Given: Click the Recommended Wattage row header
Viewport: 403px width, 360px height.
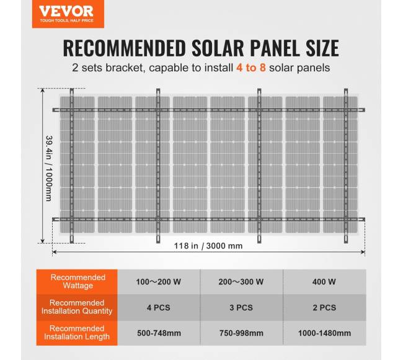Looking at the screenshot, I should point(78,281).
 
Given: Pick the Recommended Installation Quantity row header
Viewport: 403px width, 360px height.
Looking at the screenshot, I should point(78,307).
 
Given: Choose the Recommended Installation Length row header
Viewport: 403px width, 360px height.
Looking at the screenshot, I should point(78,333).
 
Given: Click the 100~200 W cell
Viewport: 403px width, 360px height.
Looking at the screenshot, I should point(159,282).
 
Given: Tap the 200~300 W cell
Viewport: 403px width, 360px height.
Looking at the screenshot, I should point(241,282).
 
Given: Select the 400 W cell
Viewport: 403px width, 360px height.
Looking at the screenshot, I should point(324,282).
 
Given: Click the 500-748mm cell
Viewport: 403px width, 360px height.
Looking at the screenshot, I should point(159,333).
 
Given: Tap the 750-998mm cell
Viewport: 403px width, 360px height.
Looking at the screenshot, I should point(241,333).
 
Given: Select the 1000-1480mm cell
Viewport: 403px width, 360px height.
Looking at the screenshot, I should point(324,333).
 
